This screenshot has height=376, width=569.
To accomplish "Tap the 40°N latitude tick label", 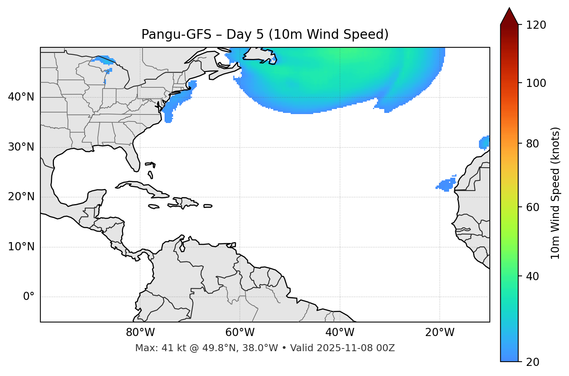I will tap(21, 97).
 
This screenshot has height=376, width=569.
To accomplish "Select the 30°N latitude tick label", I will tap(21, 147).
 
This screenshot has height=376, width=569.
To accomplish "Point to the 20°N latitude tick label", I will tap(21, 197).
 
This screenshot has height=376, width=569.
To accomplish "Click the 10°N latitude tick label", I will tap(21, 247).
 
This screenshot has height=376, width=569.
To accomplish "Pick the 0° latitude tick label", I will tap(28, 297).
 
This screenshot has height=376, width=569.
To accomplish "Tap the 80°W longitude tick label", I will tap(140, 333).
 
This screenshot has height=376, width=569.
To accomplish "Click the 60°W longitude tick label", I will tap(240, 333).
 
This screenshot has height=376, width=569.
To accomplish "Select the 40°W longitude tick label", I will tap(340, 333).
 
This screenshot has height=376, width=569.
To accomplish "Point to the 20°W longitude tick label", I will tap(439, 333).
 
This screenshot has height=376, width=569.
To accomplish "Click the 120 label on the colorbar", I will tap(536, 25).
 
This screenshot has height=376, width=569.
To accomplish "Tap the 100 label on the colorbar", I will tap(536, 83).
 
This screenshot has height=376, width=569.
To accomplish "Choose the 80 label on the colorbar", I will tap(533, 144).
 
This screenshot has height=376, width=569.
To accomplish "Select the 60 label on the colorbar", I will tap(533, 207).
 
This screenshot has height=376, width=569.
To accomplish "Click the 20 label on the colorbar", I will tap(533, 362).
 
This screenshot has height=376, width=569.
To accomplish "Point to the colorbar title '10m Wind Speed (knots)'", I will tap(555, 193).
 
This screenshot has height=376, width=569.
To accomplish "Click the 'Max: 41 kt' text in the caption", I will tap(152, 348).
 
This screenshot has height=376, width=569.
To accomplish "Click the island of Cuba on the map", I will tap(142, 188).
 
